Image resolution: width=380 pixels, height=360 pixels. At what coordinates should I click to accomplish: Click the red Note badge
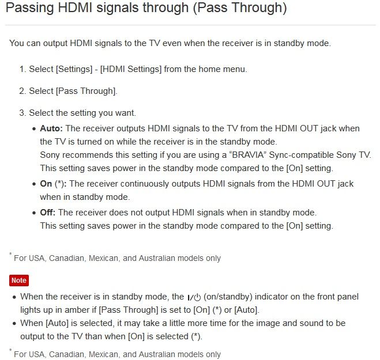click(19, 281)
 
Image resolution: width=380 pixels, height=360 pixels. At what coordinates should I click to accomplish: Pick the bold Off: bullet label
click(48, 213)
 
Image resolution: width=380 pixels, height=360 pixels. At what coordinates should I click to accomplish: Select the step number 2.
click(22, 91)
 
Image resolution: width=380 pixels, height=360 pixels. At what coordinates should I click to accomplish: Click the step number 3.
click(22, 113)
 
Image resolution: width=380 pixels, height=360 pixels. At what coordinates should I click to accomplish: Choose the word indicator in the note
click(269, 297)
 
